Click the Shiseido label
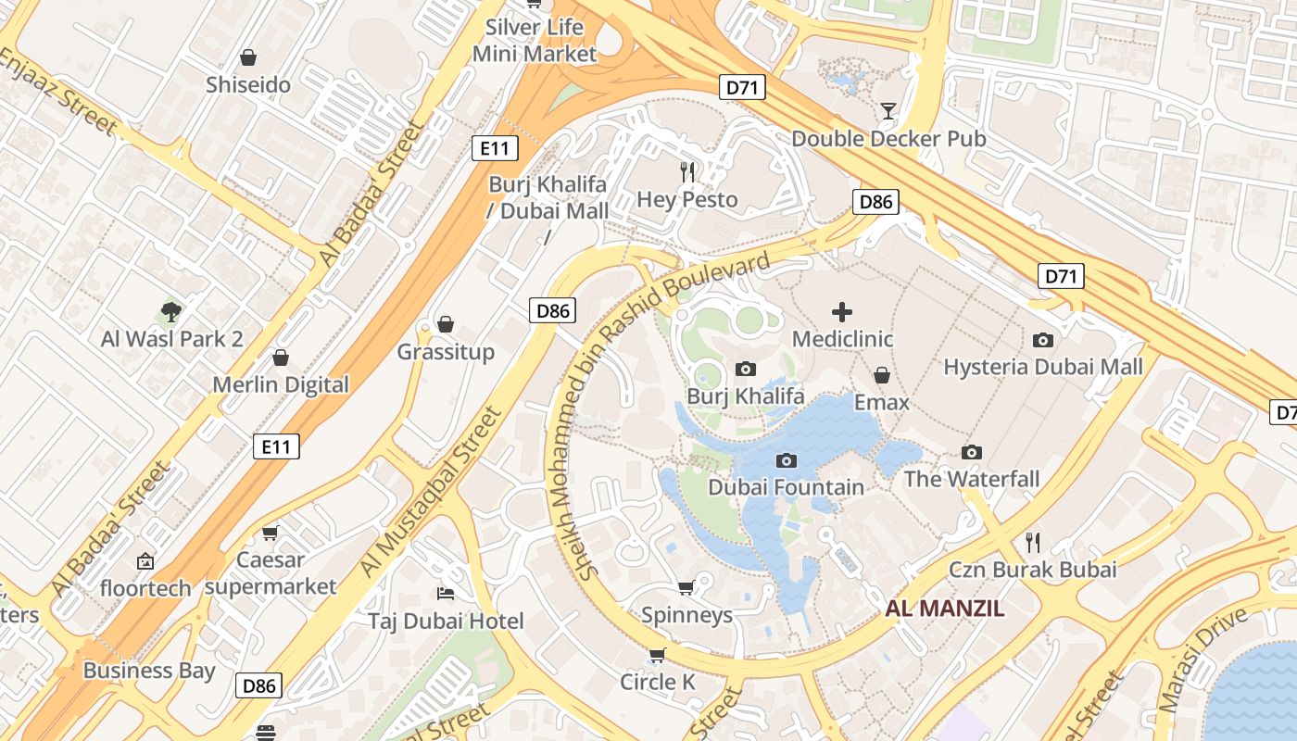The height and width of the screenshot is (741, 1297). click(248, 85)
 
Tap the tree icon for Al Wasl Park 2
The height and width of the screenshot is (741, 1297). click(170, 311)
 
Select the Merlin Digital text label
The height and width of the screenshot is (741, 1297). click(281, 384)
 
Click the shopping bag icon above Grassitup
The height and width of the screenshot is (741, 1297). click(446, 324)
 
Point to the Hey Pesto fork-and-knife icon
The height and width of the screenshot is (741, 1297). click(687, 171)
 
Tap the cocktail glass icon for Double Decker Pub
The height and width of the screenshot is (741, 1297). click(888, 111)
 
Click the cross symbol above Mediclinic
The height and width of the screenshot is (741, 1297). click(842, 312)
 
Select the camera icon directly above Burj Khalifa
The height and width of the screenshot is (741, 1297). click(745, 369)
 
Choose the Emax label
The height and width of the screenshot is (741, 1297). click(882, 403)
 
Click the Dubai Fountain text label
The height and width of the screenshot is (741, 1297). click(786, 487)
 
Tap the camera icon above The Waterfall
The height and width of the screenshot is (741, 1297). click(971, 452)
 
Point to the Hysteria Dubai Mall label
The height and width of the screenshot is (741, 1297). click(1042, 367)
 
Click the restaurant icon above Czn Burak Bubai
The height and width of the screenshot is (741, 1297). click(1033, 542)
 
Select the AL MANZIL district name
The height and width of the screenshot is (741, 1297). click(944, 609)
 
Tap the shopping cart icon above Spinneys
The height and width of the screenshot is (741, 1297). click(686, 587)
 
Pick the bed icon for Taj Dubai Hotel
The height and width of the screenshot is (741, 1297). click(446, 593)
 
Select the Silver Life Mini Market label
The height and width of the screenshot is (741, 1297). click(535, 41)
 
